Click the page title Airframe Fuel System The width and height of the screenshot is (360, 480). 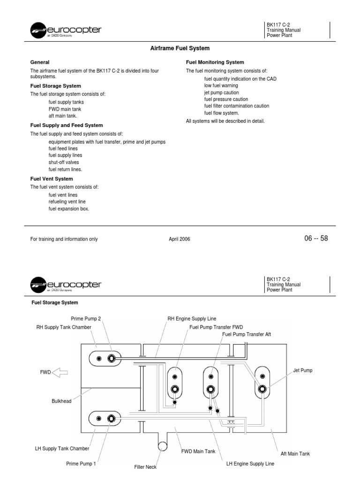coord(180,48)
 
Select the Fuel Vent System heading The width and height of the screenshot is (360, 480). coord(52,179)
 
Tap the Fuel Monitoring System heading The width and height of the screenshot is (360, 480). coord(215,62)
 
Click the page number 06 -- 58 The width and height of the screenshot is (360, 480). coord(316,239)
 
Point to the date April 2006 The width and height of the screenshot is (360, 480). coord(180,239)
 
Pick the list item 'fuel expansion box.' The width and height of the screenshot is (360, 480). coord(68,209)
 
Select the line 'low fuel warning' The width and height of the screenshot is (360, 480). coord(221,86)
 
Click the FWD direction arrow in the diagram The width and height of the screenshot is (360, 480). coord(60,373)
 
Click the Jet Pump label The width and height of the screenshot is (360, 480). coord(303,370)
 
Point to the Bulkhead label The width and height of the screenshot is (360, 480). coord(61,401)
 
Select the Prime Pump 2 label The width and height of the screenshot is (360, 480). coord(86,319)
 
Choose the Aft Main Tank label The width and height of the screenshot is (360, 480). coord(295,454)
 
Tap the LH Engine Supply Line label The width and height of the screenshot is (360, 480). coord(250,464)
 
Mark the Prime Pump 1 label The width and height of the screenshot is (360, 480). coord(81,464)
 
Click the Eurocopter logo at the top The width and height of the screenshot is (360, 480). coord(66,31)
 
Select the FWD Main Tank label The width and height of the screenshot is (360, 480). coord(198,451)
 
